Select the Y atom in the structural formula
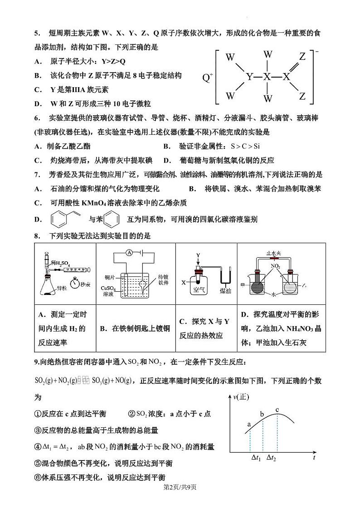(x=249, y=77)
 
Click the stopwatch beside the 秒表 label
(x=75, y=284)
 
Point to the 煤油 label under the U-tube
(x=225, y=291)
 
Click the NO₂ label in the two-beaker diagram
(x=275, y=266)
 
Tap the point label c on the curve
(x=277, y=411)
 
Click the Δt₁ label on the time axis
(x=256, y=459)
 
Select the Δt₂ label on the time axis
(x=271, y=459)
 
